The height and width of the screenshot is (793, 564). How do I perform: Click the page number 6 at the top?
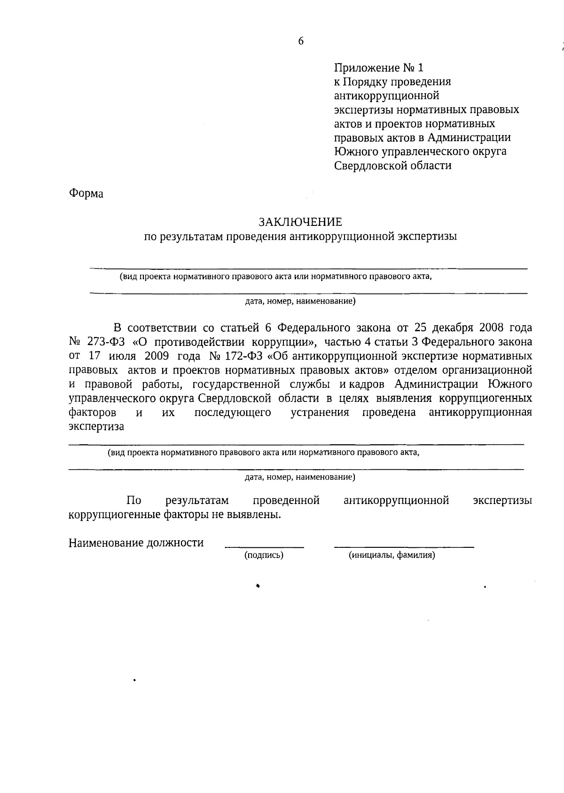click(x=301, y=41)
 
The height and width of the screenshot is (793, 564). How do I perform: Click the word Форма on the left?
click(x=86, y=194)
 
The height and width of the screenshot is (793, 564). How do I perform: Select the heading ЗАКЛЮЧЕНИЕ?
click(x=301, y=222)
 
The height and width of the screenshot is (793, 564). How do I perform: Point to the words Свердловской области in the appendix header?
click(x=392, y=166)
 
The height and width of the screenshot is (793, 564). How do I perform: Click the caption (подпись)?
click(x=264, y=555)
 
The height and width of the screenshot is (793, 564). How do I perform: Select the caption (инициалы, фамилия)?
click(x=392, y=555)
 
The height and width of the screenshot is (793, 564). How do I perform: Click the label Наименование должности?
click(x=136, y=543)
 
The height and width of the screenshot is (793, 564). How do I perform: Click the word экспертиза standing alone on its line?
click(x=96, y=427)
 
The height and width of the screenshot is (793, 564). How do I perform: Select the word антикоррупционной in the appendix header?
click(x=386, y=96)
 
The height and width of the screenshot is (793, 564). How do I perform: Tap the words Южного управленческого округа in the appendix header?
click(x=420, y=152)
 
